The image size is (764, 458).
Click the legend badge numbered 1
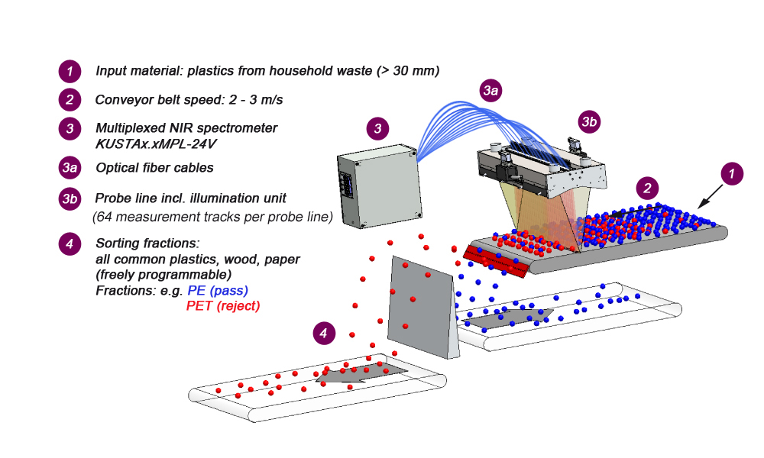pyautogui.click(x=70, y=72)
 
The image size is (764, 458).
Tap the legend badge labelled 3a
pyautogui.click(x=70, y=168)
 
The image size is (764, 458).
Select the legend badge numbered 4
pyautogui.click(x=70, y=244)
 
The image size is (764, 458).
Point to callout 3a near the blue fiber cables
pyautogui.click(x=490, y=91)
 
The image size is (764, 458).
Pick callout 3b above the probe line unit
pyautogui.click(x=589, y=121)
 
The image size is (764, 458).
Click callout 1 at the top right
pyautogui.click(x=732, y=174)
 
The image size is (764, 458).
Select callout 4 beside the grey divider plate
pyautogui.click(x=325, y=333)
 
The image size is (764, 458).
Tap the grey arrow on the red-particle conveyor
pyautogui.click(x=359, y=373)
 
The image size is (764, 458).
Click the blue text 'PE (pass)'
pyautogui.click(x=218, y=291)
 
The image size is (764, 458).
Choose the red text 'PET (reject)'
pyautogui.click(x=223, y=306)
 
